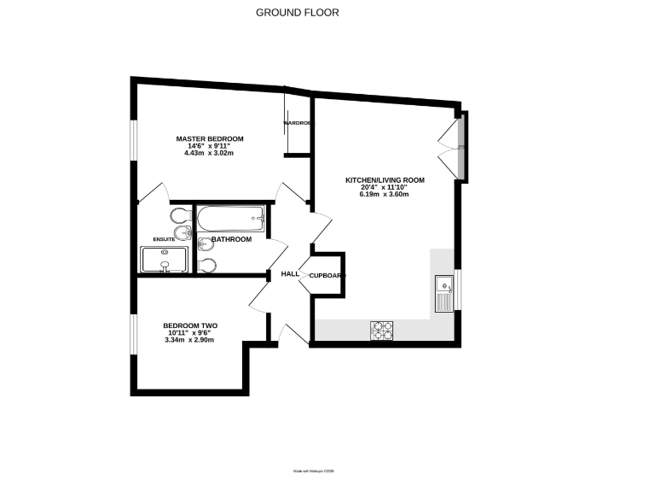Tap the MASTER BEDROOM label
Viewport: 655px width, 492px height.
[x=210, y=138]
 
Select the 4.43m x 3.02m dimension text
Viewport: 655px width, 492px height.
[x=210, y=154]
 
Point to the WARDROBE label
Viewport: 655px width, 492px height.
[x=298, y=124]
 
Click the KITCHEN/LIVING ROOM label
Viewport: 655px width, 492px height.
[x=384, y=180]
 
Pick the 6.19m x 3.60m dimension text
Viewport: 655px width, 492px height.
[x=384, y=195]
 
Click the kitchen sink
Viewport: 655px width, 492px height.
[x=443, y=293]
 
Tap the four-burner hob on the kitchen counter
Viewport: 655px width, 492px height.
[x=381, y=329]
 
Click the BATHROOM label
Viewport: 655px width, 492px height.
[x=231, y=239]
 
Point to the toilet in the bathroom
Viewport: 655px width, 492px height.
[x=207, y=265]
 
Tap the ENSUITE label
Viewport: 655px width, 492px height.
[x=164, y=239]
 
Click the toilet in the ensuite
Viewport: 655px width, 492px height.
[x=181, y=214]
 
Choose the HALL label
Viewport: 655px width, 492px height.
[x=290, y=274]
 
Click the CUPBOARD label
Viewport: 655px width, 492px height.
[x=327, y=275]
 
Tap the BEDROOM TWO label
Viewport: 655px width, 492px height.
[x=191, y=325]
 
